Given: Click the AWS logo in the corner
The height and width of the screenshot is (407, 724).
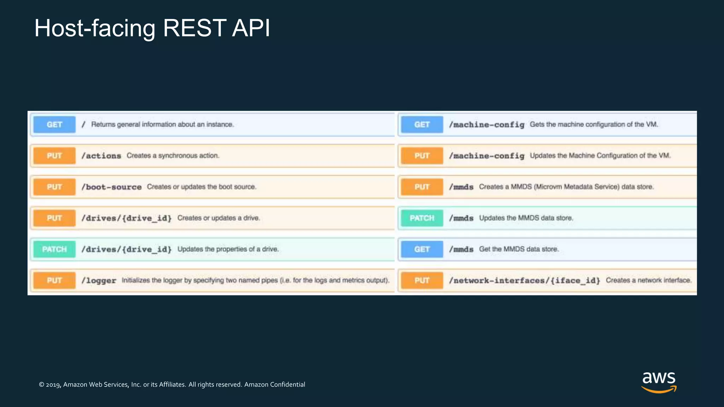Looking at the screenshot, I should click(659, 382).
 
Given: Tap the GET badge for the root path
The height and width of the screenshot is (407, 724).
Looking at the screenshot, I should click(54, 124).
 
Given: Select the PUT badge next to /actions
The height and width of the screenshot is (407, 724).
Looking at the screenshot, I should click(54, 155).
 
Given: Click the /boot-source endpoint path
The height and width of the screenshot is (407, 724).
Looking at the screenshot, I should click(111, 187).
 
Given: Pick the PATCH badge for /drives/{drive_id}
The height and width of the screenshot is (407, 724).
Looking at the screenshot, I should click(54, 249).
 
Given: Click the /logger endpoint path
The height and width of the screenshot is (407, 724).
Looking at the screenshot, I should click(99, 281).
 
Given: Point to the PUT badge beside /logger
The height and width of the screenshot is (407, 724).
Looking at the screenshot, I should click(54, 280).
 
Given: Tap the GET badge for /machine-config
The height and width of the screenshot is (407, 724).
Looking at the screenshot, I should click(422, 124).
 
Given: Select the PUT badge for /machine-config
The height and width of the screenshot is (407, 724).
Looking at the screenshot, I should click(422, 155).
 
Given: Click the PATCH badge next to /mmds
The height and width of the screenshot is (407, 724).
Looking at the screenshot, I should click(422, 218).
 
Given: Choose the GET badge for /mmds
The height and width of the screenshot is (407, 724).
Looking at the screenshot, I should click(422, 249).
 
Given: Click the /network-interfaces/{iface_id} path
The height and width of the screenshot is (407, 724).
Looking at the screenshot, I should click(524, 281).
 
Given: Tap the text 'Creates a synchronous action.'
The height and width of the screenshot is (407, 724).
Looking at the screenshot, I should click(173, 155).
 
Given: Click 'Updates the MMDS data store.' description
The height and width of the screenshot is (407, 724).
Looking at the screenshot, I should click(526, 218).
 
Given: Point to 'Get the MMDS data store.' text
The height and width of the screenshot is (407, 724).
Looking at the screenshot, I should click(519, 249).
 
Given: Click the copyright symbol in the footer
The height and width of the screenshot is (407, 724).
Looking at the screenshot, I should click(41, 385).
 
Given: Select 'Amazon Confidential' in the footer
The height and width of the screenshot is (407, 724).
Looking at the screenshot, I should click(274, 384).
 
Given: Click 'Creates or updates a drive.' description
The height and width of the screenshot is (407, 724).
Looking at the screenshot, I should click(218, 218).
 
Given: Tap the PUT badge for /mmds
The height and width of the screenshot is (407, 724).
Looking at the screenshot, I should click(422, 187).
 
